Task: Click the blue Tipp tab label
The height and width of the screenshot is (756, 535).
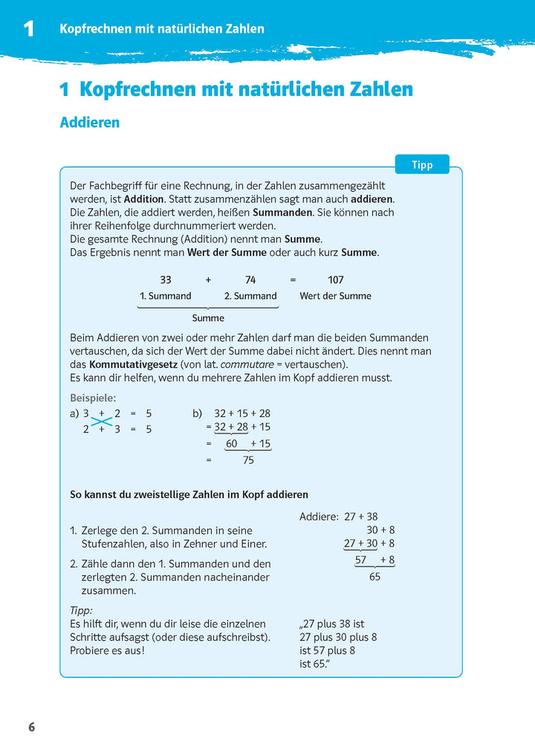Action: click(422, 164)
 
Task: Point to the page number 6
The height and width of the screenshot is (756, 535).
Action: click(31, 727)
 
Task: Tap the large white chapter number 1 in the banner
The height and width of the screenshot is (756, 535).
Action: click(28, 29)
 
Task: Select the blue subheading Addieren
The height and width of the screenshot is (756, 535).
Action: click(89, 123)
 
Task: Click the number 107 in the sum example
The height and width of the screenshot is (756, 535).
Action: click(336, 280)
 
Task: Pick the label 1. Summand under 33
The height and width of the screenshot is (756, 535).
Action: click(166, 296)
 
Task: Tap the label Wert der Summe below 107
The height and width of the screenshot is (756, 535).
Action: click(335, 296)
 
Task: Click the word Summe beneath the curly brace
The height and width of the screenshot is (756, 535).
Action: click(208, 318)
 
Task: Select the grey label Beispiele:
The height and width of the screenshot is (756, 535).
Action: click(93, 398)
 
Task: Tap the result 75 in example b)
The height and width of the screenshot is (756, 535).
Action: click(248, 460)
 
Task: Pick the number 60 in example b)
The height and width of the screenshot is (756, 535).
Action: click(232, 444)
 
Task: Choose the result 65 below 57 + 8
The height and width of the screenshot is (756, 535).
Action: click(374, 576)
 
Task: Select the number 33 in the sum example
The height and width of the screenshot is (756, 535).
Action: click(166, 280)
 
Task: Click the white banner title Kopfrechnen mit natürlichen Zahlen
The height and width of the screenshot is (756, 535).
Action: click(161, 29)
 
